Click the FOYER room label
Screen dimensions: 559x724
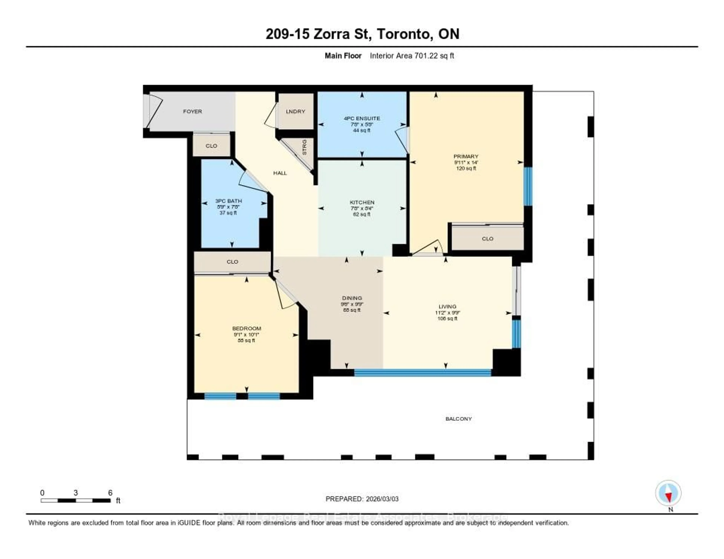192,111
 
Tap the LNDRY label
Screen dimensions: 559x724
295,111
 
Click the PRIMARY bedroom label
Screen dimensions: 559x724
466,156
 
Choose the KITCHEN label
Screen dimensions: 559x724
362,202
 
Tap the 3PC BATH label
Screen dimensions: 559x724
228,201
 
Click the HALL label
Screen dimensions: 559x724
280,173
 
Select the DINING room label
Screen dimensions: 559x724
352,298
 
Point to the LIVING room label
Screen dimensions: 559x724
447,306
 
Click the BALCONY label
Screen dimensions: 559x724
459,419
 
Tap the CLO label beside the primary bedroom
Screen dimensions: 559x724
487,239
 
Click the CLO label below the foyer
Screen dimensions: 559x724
211,146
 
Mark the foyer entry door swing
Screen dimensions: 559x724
154,111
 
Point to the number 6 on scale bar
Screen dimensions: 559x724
110,493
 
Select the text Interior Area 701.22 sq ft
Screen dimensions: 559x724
412,56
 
